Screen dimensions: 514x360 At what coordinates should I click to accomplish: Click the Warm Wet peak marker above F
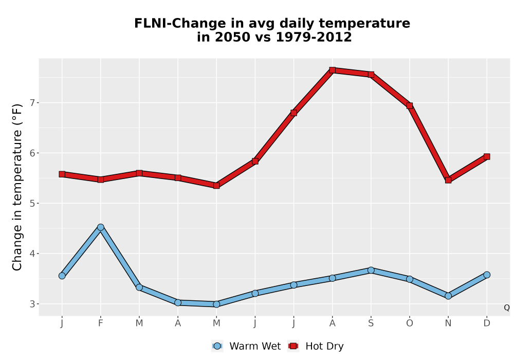[x=101, y=227]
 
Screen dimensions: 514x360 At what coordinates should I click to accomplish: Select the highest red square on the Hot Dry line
[x=333, y=70]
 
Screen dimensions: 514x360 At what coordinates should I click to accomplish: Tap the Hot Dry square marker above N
[x=448, y=180]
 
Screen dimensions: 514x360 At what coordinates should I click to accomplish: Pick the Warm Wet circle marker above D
[x=487, y=275]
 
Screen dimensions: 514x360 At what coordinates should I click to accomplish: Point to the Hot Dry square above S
[x=371, y=75]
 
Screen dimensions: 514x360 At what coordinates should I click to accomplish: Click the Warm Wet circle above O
[x=410, y=279]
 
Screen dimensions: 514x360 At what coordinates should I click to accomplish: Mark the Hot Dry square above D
[x=487, y=157]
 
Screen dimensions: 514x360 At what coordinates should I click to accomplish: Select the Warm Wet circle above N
[x=448, y=296]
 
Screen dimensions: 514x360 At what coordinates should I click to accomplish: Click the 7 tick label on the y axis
[x=32, y=103]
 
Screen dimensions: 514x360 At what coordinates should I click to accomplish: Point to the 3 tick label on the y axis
[x=32, y=304]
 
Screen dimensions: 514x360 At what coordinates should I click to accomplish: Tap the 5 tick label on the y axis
[x=32, y=203]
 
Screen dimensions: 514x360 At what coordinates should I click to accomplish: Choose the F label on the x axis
[x=101, y=323]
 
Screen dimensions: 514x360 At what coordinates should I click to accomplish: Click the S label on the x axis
[x=371, y=323]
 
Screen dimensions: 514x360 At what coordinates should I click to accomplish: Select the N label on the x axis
[x=448, y=323]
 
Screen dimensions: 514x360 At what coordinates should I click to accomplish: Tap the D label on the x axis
[x=487, y=323]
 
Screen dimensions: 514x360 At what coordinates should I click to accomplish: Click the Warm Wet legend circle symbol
[x=217, y=346]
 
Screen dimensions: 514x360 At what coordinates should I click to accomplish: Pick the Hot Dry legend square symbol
[x=293, y=346]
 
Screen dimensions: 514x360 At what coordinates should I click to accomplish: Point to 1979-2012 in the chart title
[x=314, y=37]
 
